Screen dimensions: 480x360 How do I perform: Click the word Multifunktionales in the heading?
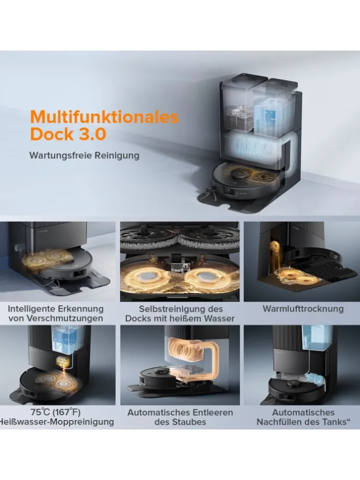point(104,116)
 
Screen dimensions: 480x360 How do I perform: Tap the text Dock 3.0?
point(68,134)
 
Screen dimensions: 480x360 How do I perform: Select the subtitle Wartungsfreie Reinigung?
point(84,155)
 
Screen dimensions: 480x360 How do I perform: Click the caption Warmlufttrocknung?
point(303,309)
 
